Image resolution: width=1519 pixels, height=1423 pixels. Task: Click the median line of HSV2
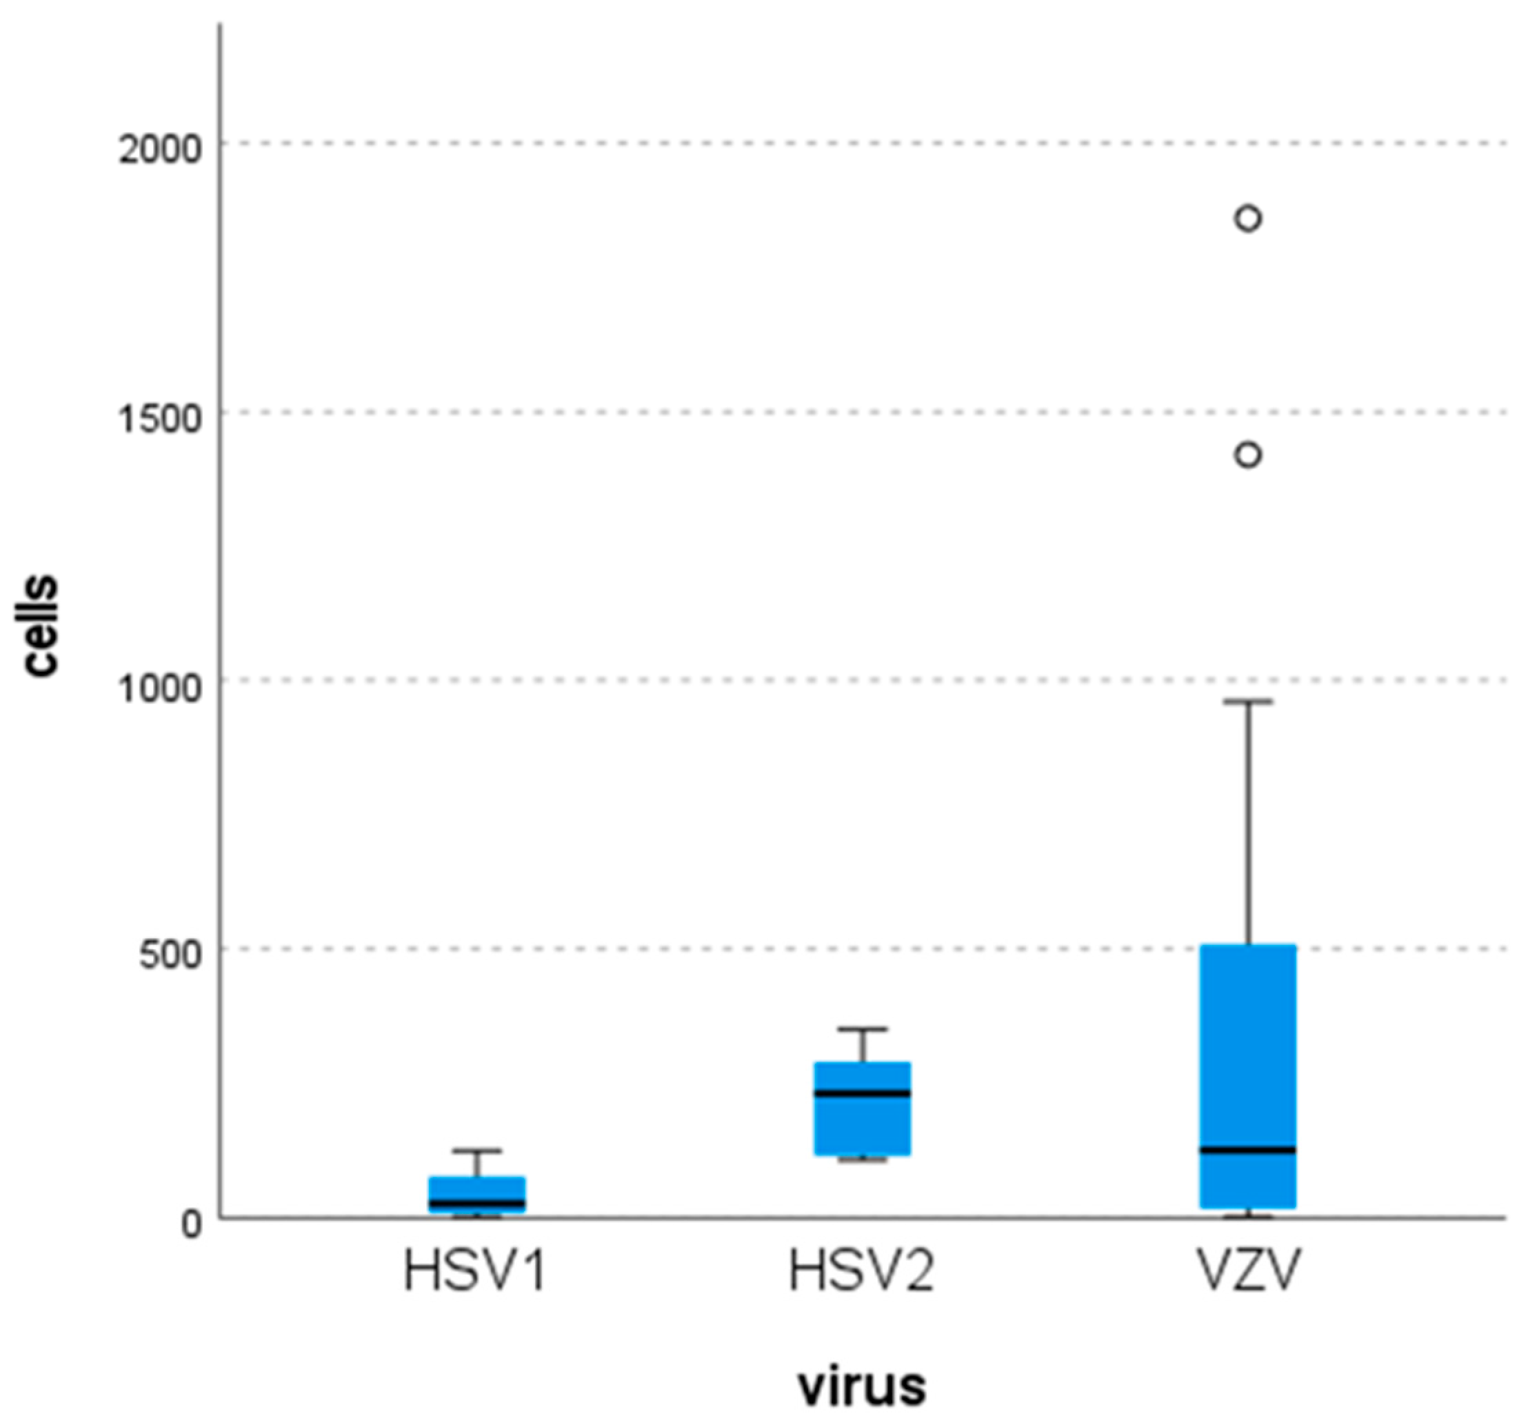pos(862,1093)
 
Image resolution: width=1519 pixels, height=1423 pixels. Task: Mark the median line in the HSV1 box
pos(476,1203)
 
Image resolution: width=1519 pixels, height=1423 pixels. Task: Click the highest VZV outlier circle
pos(1248,219)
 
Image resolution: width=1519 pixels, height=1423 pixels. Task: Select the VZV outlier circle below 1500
pos(1248,455)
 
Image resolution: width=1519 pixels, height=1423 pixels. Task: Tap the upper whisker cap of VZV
pos(1248,701)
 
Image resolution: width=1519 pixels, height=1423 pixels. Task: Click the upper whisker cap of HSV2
pos(862,1029)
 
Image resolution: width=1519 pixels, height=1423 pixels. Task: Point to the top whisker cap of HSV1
pos(476,1150)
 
